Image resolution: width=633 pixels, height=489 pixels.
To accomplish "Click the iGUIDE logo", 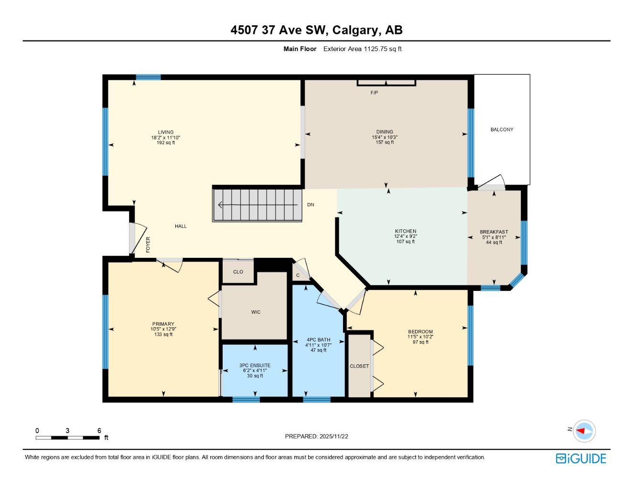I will (580, 458).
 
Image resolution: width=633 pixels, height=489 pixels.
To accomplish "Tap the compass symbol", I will (584, 431).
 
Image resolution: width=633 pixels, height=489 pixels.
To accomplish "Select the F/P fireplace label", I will (374, 93).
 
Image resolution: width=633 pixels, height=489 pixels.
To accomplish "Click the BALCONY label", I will (502, 129).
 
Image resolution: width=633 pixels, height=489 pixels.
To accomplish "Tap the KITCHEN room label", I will (405, 231).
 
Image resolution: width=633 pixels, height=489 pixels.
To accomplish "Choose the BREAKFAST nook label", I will (494, 232).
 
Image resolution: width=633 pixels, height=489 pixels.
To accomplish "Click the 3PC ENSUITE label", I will (255, 365).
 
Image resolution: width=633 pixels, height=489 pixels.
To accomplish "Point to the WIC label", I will (256, 312).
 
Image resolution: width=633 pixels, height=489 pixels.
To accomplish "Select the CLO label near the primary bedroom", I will (238, 272).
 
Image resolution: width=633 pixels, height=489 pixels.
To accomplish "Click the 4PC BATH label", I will (318, 340).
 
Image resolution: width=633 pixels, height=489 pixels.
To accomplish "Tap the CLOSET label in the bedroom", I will (359, 366).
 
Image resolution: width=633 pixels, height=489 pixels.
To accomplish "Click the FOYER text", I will (148, 244).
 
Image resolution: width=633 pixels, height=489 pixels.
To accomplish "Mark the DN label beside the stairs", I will (311, 204).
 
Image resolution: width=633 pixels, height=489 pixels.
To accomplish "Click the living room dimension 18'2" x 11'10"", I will (166, 138).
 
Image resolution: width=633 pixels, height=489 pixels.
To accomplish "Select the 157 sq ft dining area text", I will (385, 142).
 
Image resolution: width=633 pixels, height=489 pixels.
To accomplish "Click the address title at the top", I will (316, 30).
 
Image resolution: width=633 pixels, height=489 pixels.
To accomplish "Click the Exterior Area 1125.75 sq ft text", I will (362, 49).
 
